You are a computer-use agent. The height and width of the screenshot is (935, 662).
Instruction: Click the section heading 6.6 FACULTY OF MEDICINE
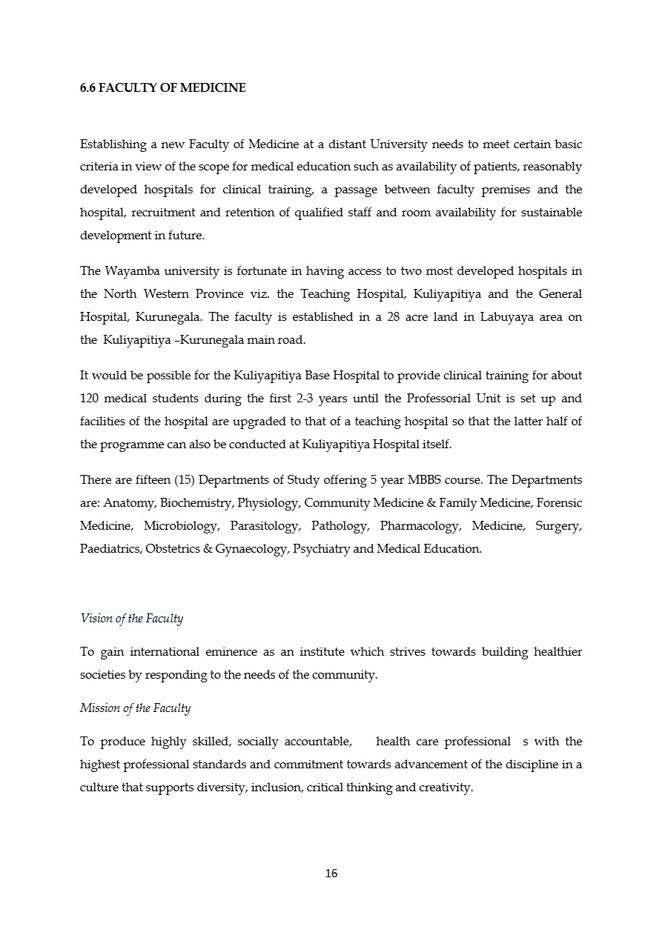coord(163,88)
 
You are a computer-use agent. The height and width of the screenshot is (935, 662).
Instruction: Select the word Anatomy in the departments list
coord(129,503)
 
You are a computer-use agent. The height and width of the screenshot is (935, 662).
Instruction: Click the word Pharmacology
coord(420,526)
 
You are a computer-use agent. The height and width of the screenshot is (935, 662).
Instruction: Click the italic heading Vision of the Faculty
coord(132,619)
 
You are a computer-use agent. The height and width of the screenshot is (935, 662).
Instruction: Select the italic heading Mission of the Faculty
coord(136,708)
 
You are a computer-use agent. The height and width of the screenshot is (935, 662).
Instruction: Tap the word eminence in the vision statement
coord(237,652)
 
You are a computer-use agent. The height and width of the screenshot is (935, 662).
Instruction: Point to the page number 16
coord(331,874)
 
